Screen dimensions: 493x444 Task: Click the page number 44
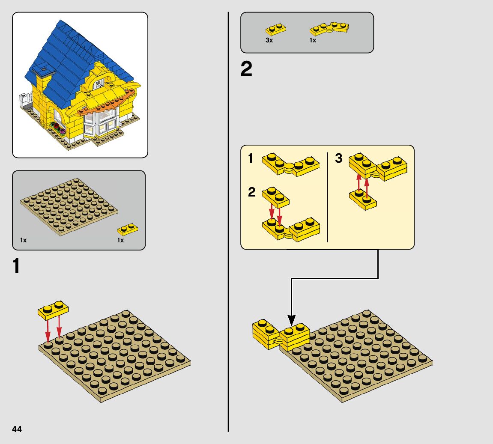[x=17, y=429]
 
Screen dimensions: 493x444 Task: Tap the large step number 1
[x=16, y=266]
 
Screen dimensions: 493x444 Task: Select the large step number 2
[x=247, y=69]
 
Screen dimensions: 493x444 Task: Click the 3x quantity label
[x=269, y=40]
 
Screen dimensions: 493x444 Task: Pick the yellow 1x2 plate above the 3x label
[x=275, y=30]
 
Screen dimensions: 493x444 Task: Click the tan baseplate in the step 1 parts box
[x=69, y=206]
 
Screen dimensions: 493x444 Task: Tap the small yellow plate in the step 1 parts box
[x=128, y=229]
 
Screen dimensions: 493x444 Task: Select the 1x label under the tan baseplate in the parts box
[x=23, y=240]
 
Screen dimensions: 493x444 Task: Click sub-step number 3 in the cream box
[x=339, y=158]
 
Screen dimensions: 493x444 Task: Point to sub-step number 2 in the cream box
[x=251, y=192]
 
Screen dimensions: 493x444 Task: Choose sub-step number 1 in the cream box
[x=250, y=158]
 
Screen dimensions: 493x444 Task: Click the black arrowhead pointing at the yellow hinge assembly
[x=291, y=320]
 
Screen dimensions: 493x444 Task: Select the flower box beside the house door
[x=59, y=128]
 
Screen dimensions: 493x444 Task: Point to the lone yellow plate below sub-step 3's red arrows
[x=363, y=200]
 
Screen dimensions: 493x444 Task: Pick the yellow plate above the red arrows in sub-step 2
[x=275, y=197]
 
